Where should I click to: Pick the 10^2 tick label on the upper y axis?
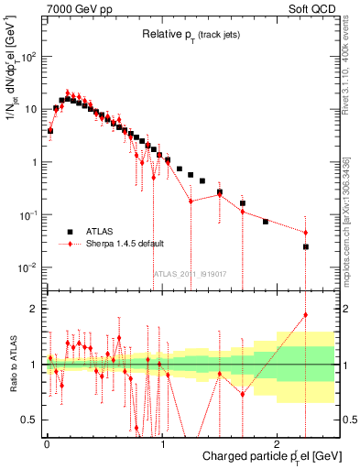29,56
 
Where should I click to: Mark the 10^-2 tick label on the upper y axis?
29,267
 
